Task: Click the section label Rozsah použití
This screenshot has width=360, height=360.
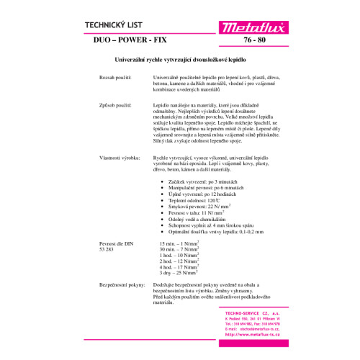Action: click(117, 76)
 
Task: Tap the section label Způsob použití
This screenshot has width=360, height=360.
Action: click(117, 104)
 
